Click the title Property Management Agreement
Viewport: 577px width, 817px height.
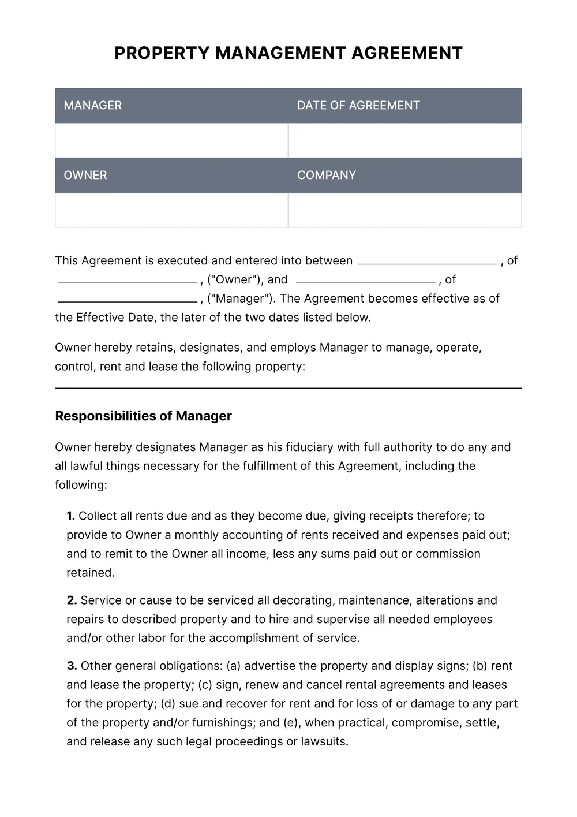[x=288, y=53]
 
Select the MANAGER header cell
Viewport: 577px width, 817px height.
[x=171, y=106]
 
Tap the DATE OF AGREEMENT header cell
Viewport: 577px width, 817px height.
[x=404, y=106]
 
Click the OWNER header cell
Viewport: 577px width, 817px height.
[x=171, y=176]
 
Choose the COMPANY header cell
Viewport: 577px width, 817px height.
[x=404, y=176]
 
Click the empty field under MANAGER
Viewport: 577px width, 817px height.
[x=171, y=140]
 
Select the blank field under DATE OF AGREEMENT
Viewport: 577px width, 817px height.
[x=404, y=140]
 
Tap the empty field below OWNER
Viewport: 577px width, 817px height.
[x=171, y=210]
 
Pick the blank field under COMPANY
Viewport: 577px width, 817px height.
[x=404, y=210]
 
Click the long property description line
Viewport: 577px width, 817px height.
[x=288, y=387]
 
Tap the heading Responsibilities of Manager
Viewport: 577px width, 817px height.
[x=143, y=416]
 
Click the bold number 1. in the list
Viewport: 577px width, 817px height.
[x=70, y=516]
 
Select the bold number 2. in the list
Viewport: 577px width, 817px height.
[x=72, y=600]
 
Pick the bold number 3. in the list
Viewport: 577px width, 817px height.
[x=72, y=666]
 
